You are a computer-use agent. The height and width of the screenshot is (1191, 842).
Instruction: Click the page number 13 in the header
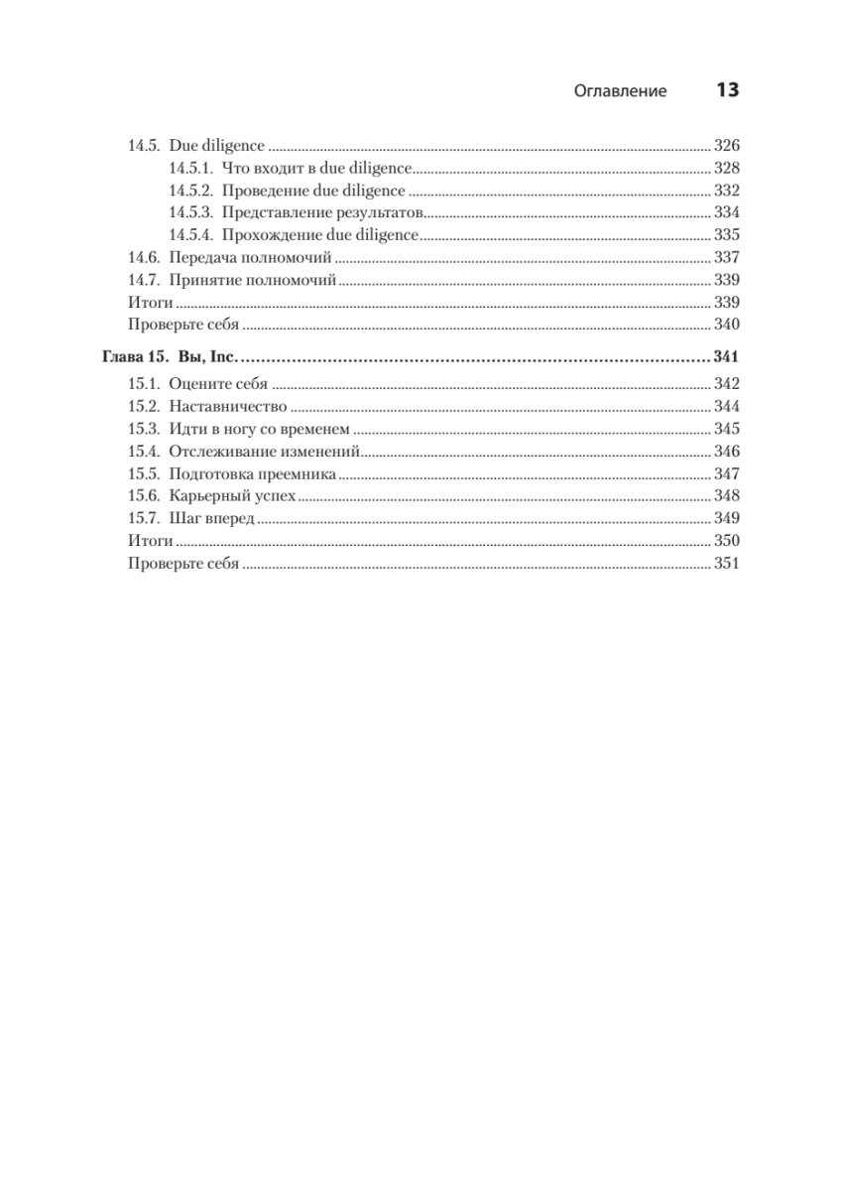(x=727, y=90)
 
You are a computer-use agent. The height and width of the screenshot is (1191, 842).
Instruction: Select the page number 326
(x=727, y=146)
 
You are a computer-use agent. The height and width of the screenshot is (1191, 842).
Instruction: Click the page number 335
(x=727, y=236)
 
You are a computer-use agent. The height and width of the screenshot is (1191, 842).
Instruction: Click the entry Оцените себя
(x=219, y=385)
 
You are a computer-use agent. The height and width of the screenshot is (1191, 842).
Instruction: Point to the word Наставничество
(x=228, y=407)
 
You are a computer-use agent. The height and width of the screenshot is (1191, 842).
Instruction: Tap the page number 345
(x=727, y=430)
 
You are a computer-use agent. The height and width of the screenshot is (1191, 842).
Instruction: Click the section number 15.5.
(x=144, y=474)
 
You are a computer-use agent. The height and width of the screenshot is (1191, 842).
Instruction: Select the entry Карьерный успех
(x=233, y=496)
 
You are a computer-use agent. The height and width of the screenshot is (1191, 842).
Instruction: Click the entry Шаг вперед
(x=212, y=519)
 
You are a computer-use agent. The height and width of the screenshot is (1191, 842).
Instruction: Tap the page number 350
(x=727, y=542)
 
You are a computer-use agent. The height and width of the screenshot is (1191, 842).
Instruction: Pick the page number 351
(x=727, y=564)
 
